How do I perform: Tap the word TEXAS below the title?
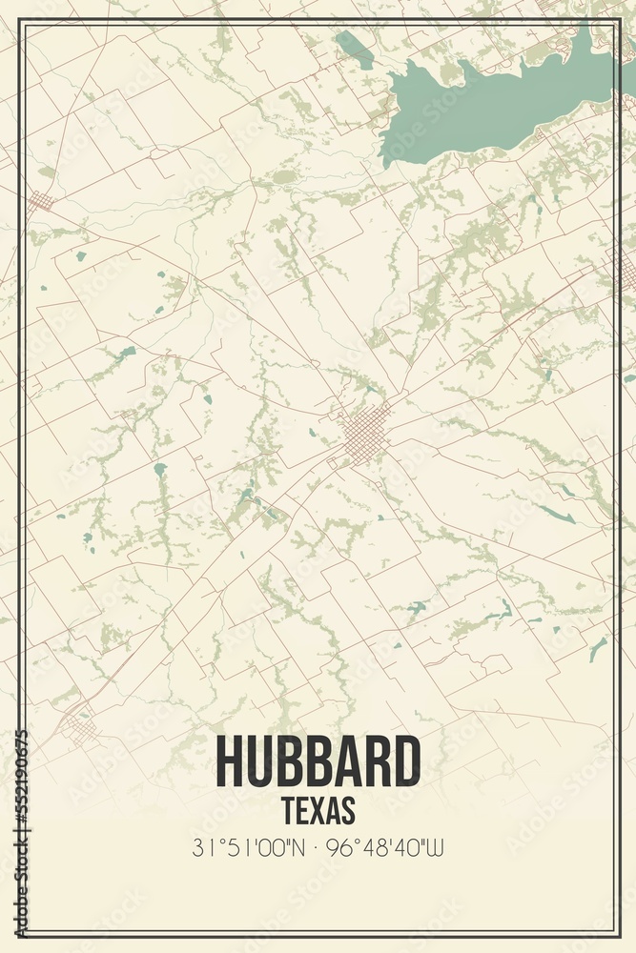(x=318, y=810)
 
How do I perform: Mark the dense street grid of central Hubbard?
(x=363, y=436)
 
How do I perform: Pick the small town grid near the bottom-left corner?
(x=80, y=729)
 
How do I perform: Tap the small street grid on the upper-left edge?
(x=41, y=202)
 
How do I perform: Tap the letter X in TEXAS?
(x=318, y=810)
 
